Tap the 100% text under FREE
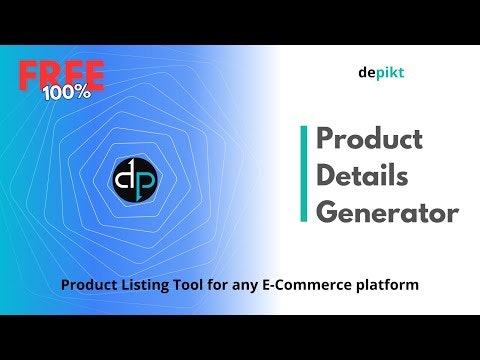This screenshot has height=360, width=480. pyautogui.click(x=67, y=92)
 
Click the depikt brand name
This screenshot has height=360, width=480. pyautogui.click(x=380, y=73)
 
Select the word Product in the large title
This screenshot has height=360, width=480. pyautogui.click(x=369, y=139)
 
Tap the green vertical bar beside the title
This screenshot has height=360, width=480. pyautogui.click(x=304, y=175)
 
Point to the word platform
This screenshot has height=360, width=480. pyautogui.click(x=389, y=285)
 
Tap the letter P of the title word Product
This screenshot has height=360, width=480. pyautogui.click(x=325, y=139)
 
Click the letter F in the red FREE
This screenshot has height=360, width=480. pyautogui.click(x=30, y=75)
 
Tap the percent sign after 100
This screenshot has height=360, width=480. pyautogui.click(x=83, y=92)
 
